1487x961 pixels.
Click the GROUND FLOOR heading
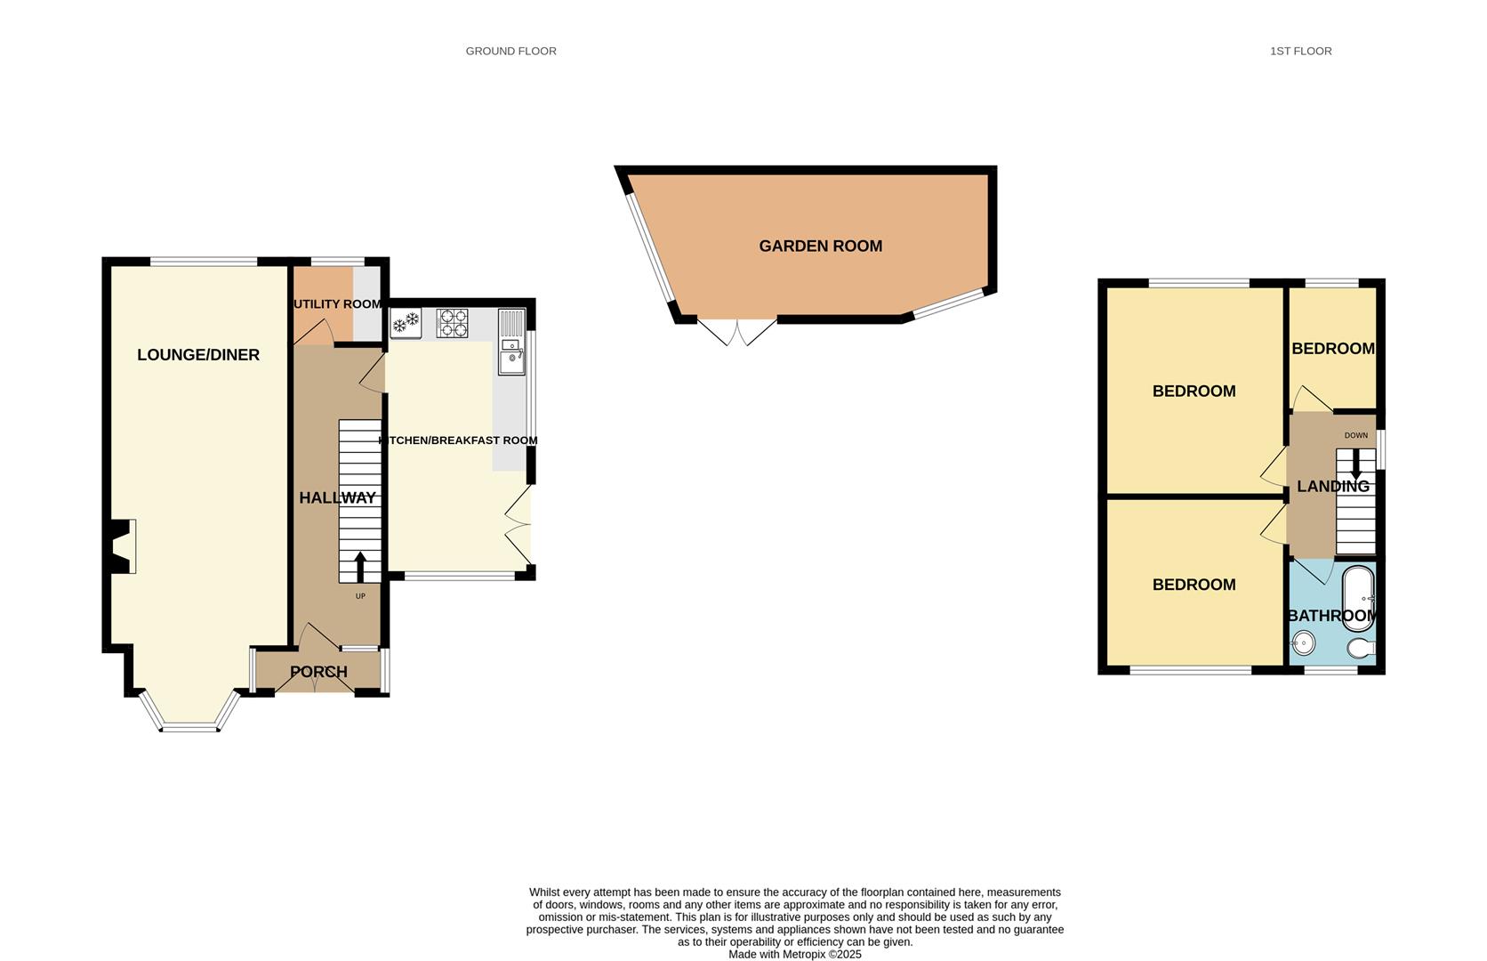[x=510, y=52]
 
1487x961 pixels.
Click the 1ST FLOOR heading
[x=1300, y=52]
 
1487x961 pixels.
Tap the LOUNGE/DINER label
[x=198, y=355]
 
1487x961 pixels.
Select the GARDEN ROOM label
[x=820, y=246]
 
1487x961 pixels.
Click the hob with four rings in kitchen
[x=452, y=323]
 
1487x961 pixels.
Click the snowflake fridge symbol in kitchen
[x=406, y=322]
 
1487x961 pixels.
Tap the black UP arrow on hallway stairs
[x=360, y=567]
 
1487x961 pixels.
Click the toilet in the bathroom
[x=1361, y=648]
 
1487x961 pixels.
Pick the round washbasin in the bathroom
[x=1304, y=642]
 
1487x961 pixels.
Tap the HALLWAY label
[x=337, y=498]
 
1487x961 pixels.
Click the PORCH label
[x=318, y=672]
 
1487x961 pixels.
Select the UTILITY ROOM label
[x=337, y=304]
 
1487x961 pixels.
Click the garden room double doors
[x=737, y=332]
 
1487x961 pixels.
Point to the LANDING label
[x=1332, y=487]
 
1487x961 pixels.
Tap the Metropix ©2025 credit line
[x=794, y=954]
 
